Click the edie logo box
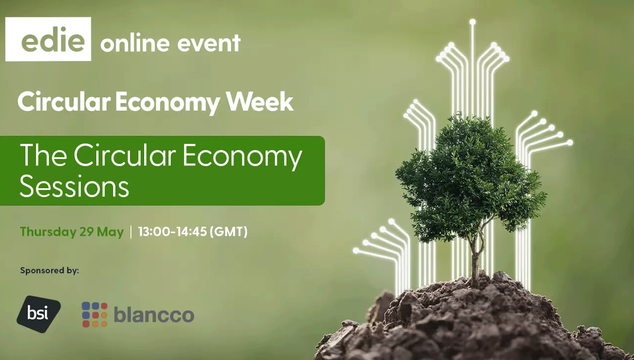48,39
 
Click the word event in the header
209,43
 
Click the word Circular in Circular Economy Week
64,101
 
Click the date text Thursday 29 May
72,232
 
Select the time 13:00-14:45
173,232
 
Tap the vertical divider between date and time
131,232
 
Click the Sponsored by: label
49,271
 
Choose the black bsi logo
39,314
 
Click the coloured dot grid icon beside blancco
95,315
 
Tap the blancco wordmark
154,315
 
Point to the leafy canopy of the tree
470,178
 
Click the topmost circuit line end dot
473,22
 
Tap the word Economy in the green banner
242,157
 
